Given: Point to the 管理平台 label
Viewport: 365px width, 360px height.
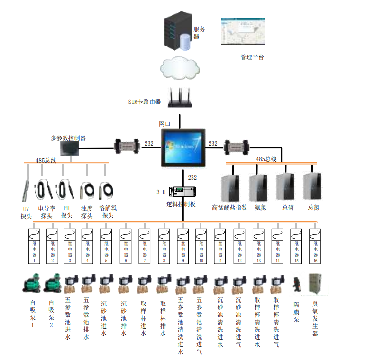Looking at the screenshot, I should coord(252,57).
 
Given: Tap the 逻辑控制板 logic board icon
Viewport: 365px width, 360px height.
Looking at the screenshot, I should coord(182,193).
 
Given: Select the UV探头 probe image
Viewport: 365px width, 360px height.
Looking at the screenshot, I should coord(26,190).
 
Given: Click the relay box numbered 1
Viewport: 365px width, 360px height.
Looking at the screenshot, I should coord(34,246).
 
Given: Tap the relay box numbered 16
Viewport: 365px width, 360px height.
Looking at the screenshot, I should coord(314,246).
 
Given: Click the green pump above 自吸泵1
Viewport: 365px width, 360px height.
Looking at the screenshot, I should coord(32,285).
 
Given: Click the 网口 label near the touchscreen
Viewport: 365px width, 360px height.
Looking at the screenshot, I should coord(164,123).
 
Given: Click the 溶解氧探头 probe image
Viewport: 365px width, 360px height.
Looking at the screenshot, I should coord(106,190).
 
